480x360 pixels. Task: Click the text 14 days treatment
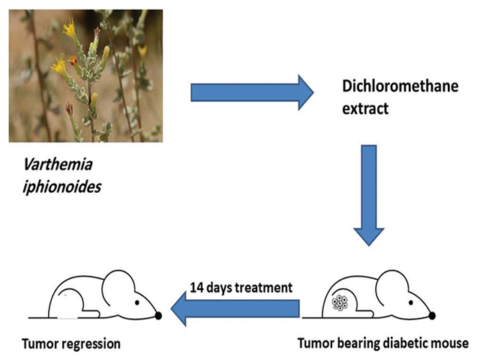[x=238, y=287]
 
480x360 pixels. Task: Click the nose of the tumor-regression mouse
[x=158, y=316]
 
